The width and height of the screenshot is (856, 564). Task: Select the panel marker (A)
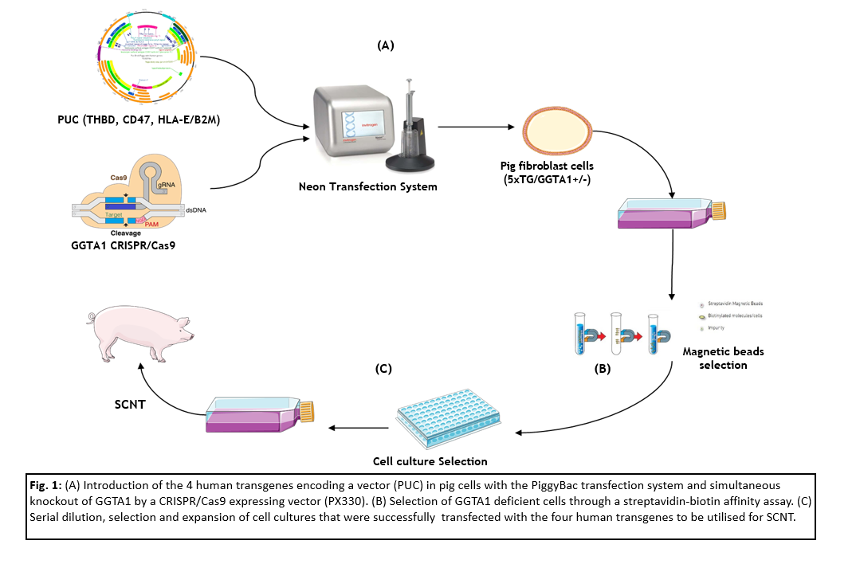pyautogui.click(x=386, y=46)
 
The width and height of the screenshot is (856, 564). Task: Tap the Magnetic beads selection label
pyautogui.click(x=715, y=358)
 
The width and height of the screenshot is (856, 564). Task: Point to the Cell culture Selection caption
pyautogui.click(x=430, y=460)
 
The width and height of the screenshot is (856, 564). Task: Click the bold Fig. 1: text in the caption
pyautogui.click(x=47, y=484)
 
